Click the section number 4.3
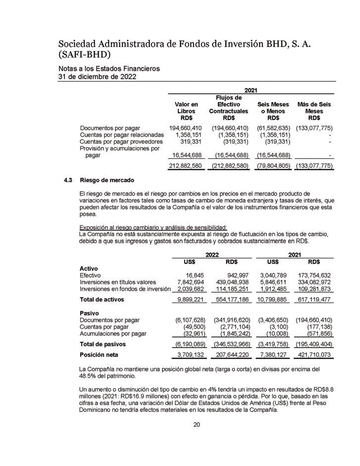63,180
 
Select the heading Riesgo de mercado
107,180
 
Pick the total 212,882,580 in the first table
185,165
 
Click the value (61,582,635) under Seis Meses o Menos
273,128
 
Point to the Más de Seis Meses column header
314,111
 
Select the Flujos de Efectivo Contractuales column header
228,108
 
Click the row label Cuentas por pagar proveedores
121,141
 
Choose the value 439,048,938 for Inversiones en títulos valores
231,282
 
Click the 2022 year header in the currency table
212,254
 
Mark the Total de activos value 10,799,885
272,300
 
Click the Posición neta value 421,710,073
313,355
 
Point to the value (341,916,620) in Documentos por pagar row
231,320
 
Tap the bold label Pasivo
90,313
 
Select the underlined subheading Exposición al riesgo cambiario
153,227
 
